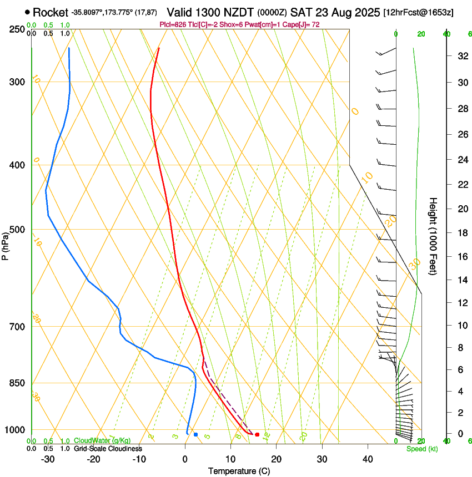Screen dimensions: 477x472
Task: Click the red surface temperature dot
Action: click(x=257, y=434)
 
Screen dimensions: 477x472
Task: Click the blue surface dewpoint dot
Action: click(x=195, y=434)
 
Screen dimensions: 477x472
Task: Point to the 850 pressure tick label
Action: click(x=17, y=383)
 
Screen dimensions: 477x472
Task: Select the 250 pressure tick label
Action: click(x=17, y=29)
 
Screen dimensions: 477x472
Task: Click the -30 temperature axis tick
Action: click(x=48, y=459)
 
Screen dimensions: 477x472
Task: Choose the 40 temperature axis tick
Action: click(x=368, y=459)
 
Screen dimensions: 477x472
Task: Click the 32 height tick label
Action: click(x=461, y=56)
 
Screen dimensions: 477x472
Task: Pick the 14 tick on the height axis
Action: click(x=461, y=280)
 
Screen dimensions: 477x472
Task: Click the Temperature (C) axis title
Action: click(x=239, y=471)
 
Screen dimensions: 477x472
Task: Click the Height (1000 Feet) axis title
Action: click(x=433, y=236)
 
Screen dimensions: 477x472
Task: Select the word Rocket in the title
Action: click(x=51, y=12)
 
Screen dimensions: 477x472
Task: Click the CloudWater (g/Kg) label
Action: click(x=102, y=440)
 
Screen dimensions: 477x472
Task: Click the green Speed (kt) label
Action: click(x=423, y=449)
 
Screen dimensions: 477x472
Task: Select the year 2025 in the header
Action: click(x=364, y=12)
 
